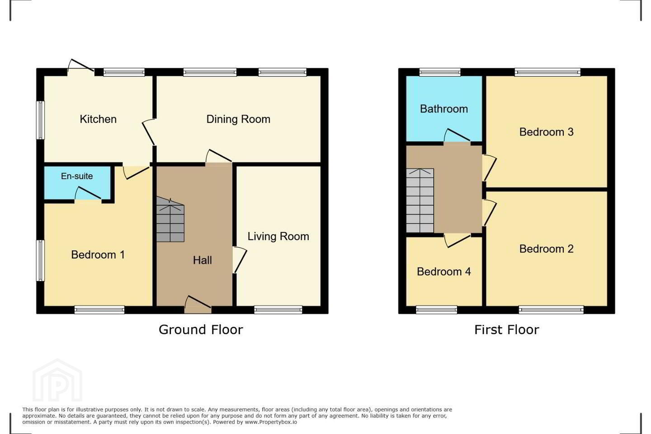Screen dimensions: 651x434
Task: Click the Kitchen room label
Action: click(x=98, y=119)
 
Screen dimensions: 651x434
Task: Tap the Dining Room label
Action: click(x=238, y=119)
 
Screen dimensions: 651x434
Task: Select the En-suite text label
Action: click(x=77, y=176)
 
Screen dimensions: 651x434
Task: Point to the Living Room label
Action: click(x=278, y=236)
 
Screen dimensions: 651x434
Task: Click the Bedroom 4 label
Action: click(x=444, y=272)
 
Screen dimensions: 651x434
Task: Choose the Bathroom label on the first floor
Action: click(x=444, y=108)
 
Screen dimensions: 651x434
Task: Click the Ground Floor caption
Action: click(x=201, y=330)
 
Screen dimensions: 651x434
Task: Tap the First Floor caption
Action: click(x=506, y=330)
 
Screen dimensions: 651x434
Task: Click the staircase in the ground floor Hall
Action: click(x=170, y=219)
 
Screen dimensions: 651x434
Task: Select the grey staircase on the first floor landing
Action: click(x=420, y=201)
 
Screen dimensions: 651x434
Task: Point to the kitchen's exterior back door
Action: click(x=81, y=66)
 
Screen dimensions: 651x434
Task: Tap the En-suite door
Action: click(x=88, y=193)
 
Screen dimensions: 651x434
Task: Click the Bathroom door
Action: click(x=457, y=135)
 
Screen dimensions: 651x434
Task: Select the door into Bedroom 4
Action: click(x=458, y=241)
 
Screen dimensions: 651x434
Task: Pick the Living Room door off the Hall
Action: click(x=239, y=259)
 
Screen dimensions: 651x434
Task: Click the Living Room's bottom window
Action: click(x=278, y=310)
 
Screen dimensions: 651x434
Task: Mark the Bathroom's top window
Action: click(x=440, y=72)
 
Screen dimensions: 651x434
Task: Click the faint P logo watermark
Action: click(x=57, y=381)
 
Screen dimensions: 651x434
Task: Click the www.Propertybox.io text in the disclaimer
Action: click(x=271, y=422)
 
